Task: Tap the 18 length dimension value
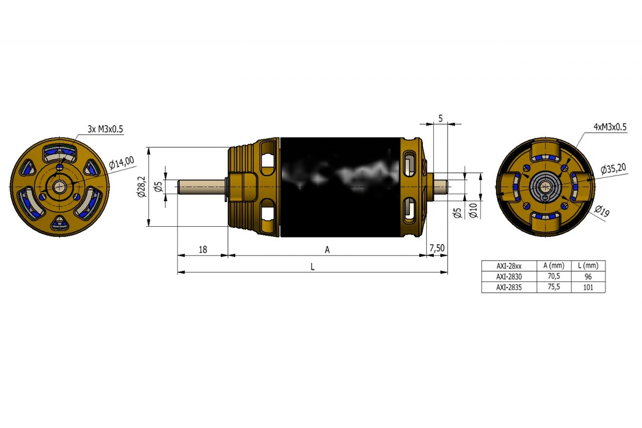pos(203,249)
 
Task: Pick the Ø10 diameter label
pos(472,211)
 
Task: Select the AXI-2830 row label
pos(509,277)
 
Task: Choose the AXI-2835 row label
pos(509,287)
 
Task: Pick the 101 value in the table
pos(588,287)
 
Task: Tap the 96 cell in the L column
pos(588,277)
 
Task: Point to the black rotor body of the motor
pos(340,187)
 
